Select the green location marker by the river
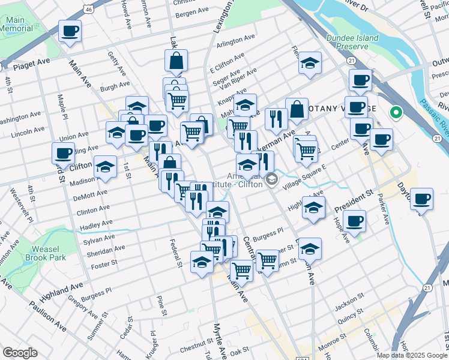pyautogui.click(x=396, y=112)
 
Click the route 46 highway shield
pyautogui.click(x=88, y=10)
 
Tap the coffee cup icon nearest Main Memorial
pyautogui.click(x=70, y=31)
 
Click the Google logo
pyautogui.click(x=20, y=353)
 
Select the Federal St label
pyautogui.click(x=176, y=253)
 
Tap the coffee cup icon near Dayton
pyautogui.click(x=422, y=198)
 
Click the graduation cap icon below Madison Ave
pyautogui.click(x=106, y=166)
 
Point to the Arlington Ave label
pyautogui.click(x=236, y=43)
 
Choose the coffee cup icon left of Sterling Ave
pyautogui.click(x=63, y=152)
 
